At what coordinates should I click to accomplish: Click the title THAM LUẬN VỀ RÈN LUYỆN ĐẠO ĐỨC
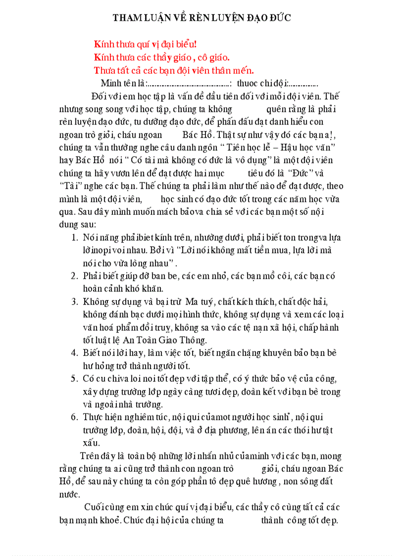pyautogui.click(x=202, y=18)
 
